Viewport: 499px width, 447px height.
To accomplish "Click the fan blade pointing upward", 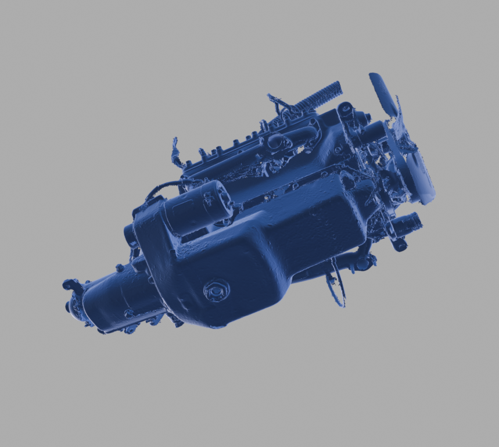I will (383, 93).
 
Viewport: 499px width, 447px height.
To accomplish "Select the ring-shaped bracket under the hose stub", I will (400, 244).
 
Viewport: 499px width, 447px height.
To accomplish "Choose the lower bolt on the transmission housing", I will (129, 314).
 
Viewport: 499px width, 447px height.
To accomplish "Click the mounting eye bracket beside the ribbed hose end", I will (346, 108).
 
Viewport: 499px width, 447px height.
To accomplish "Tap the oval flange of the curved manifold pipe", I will (274, 141).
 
